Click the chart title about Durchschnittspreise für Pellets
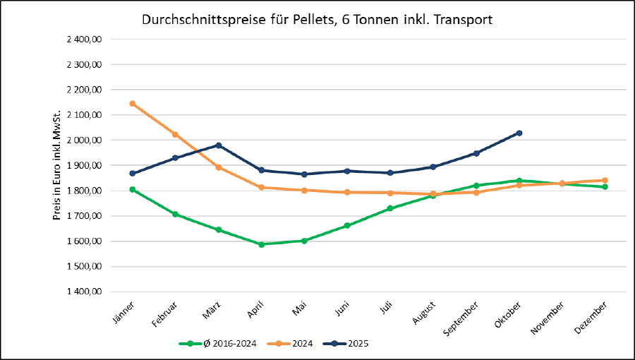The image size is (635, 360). [317, 20]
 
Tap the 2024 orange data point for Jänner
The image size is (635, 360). [132, 104]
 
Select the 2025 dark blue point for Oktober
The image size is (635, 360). [519, 133]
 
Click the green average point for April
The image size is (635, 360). [261, 244]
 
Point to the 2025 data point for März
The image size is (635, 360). [219, 145]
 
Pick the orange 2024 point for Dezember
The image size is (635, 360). [605, 180]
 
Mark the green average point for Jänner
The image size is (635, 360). [132, 189]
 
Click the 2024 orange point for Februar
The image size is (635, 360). [175, 134]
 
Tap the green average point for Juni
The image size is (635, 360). [347, 226]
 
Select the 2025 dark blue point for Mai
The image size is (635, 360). [304, 174]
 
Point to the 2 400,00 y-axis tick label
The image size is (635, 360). [85, 40]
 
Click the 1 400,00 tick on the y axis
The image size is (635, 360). [85, 292]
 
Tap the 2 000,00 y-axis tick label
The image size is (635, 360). [85, 140]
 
